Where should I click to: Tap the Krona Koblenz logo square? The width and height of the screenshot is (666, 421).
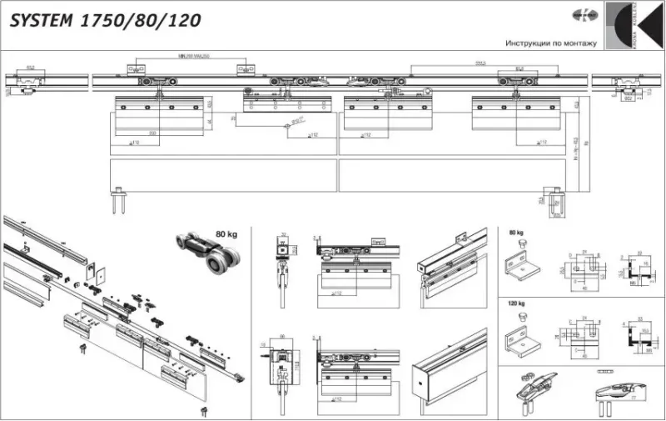(632, 26)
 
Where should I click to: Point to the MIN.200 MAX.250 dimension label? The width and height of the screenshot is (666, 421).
(193, 57)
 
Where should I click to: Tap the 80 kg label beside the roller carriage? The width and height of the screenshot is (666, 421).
(226, 234)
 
